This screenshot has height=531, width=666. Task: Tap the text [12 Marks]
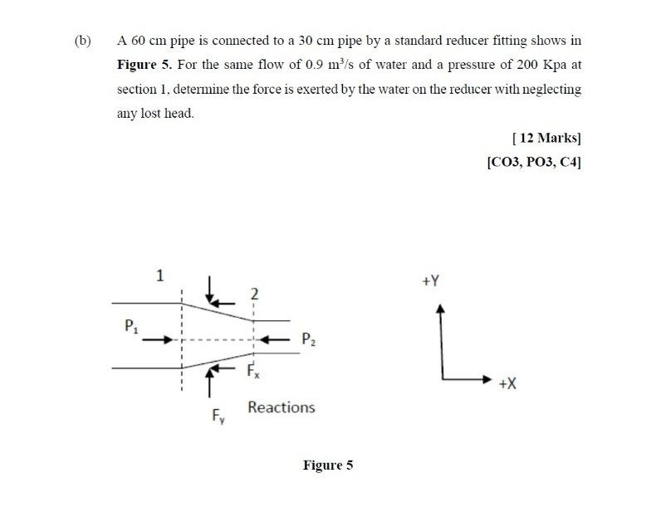(x=547, y=135)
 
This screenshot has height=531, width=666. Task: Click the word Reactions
(x=282, y=407)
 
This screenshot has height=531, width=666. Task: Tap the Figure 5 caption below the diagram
(x=328, y=465)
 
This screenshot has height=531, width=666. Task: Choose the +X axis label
(x=509, y=385)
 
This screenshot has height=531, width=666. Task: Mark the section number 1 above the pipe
(x=160, y=275)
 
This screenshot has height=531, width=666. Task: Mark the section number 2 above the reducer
(x=254, y=293)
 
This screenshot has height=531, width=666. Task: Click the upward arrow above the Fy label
(x=211, y=383)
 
